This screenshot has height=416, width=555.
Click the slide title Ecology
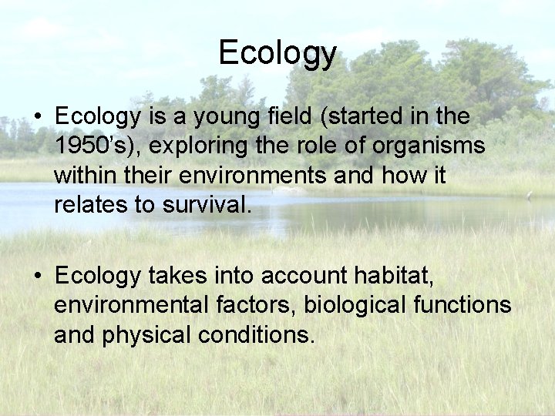pyautogui.click(x=277, y=53)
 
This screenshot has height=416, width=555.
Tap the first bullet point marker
pyautogui.click(x=37, y=118)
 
